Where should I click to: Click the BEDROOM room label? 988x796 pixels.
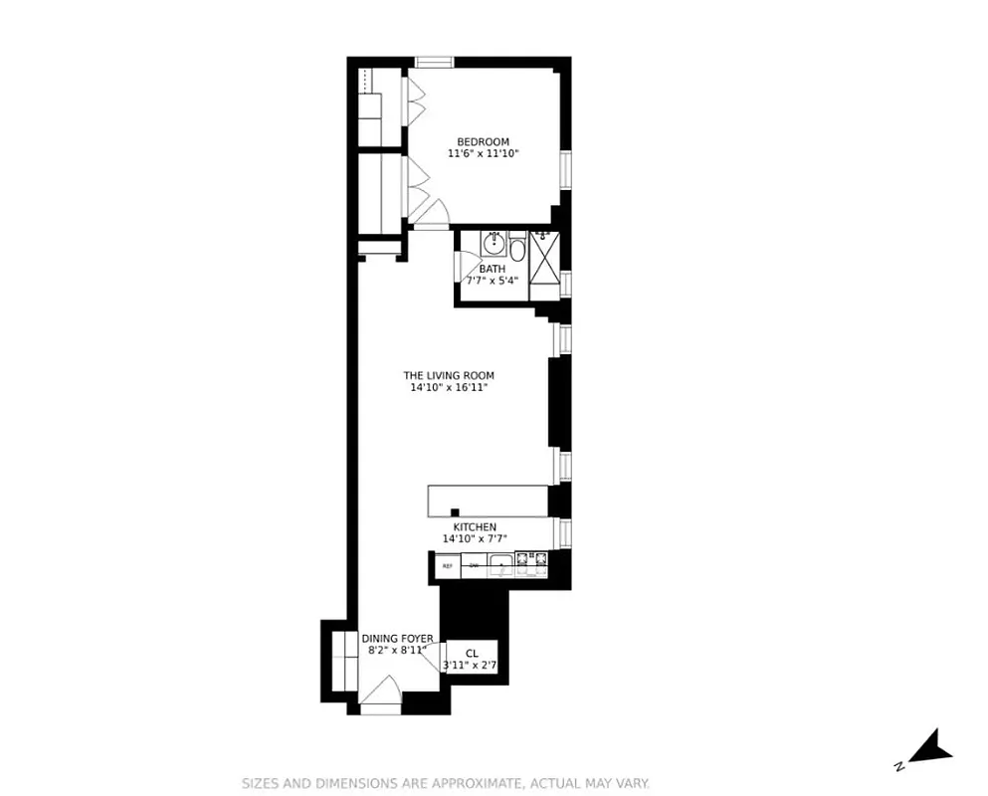[x=483, y=141]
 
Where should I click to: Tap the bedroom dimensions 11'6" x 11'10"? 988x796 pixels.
[x=484, y=154]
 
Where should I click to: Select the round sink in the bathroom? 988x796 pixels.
[x=494, y=243]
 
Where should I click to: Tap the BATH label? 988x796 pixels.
[x=492, y=269]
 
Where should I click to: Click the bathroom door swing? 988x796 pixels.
[x=464, y=267]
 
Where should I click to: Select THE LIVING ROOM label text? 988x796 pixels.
[x=448, y=376]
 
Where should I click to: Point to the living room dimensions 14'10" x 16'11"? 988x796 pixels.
[x=448, y=388]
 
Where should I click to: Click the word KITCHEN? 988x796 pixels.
[x=475, y=527]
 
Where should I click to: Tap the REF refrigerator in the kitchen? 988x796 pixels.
[x=447, y=566]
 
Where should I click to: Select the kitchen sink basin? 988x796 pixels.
[x=503, y=567]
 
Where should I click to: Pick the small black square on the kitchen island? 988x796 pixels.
[x=455, y=511]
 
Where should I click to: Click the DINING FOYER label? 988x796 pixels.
[x=397, y=639]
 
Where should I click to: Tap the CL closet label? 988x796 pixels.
[x=472, y=654]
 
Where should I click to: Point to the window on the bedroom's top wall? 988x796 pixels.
[x=434, y=63]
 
